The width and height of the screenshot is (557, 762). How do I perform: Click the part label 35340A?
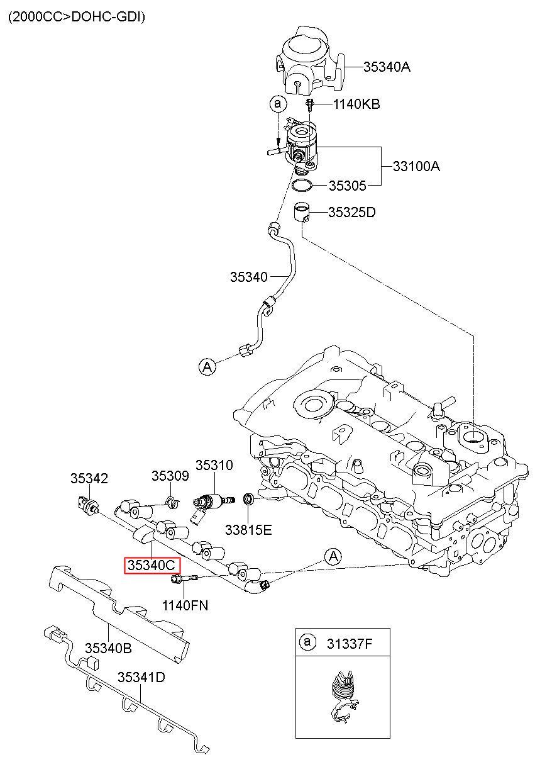pyautogui.click(x=387, y=67)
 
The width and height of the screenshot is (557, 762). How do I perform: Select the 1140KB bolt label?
pyautogui.click(x=356, y=104)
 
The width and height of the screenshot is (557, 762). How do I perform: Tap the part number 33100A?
pyautogui.click(x=416, y=166)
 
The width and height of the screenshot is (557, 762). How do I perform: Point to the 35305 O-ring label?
pyautogui.click(x=347, y=186)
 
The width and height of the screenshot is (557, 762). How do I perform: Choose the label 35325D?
pyautogui.click(x=351, y=212)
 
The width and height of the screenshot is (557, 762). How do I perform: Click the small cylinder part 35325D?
pyautogui.click(x=302, y=212)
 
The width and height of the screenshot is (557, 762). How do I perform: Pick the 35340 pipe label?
pyautogui.click(x=249, y=277)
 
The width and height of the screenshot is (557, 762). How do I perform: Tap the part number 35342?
pyautogui.click(x=89, y=478)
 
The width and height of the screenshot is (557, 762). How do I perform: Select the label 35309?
pyautogui.click(x=170, y=476)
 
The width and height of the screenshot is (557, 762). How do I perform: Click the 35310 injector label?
pyautogui.click(x=214, y=465)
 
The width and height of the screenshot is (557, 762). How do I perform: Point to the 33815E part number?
pyautogui.click(x=248, y=530)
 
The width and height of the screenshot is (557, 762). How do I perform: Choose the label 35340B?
pyautogui.click(x=108, y=648)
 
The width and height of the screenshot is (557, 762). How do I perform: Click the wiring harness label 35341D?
pyautogui.click(x=141, y=677)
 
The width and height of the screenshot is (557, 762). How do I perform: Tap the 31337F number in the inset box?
pyautogui.click(x=350, y=644)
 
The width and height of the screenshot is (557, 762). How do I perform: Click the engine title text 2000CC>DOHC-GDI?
pyautogui.click(x=77, y=17)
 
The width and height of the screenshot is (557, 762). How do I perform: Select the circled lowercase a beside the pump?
pyautogui.click(x=278, y=103)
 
